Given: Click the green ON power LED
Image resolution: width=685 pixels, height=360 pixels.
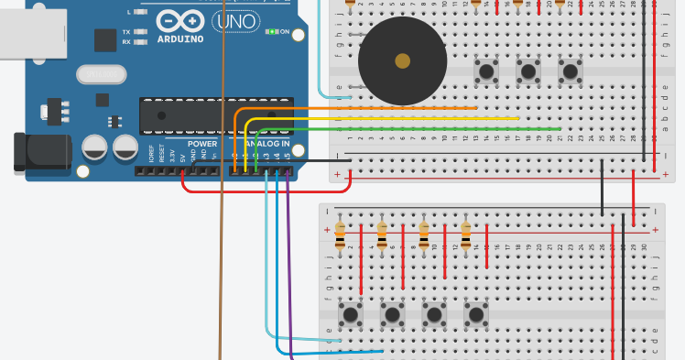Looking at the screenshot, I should point(272,32).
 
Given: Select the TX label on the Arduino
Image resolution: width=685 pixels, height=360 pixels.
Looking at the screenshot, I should point(125,32).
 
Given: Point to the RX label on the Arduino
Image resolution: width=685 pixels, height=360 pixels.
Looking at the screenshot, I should point(125,42).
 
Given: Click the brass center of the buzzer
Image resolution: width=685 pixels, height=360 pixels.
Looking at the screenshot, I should point(402,61).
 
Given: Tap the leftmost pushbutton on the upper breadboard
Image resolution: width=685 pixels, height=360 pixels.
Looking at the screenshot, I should point(485,71).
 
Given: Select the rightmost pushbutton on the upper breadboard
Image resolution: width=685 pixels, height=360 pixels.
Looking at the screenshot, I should point(570,71).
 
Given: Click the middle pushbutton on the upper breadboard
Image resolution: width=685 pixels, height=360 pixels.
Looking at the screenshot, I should point(527,71).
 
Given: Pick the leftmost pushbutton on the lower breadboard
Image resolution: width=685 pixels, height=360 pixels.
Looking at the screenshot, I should point(349,315).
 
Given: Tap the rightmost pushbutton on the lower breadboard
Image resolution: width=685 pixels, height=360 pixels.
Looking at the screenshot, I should point(475,315).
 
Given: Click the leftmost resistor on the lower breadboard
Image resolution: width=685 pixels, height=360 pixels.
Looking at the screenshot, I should point(340,235).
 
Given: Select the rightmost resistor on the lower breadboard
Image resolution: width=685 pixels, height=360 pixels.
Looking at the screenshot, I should point(466,235).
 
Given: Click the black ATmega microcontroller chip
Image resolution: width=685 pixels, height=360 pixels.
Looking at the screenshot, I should point(216,115).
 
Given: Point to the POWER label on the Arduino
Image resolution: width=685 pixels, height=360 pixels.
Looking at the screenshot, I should point(202,144).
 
